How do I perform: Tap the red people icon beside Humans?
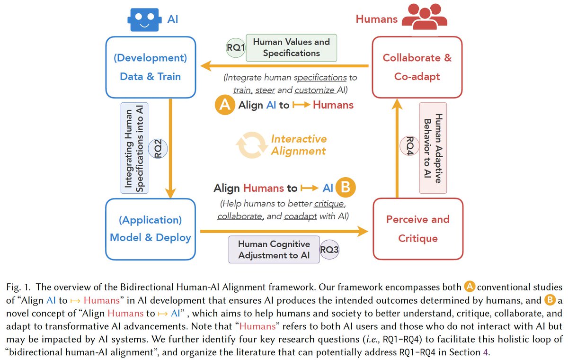(x=424, y=19)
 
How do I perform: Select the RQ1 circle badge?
(x=235, y=48)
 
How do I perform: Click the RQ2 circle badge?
(x=158, y=148)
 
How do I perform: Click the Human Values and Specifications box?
(x=291, y=47)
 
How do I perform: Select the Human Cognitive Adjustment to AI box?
(x=274, y=250)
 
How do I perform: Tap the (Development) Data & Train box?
(x=150, y=67)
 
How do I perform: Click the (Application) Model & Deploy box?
(x=150, y=229)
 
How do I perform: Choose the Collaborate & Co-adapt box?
(x=417, y=67)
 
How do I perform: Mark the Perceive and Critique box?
(x=417, y=229)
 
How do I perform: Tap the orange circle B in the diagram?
(x=346, y=188)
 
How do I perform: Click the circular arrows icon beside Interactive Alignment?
(x=248, y=145)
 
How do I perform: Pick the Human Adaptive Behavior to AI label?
(x=433, y=148)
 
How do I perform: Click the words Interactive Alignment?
(x=299, y=145)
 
